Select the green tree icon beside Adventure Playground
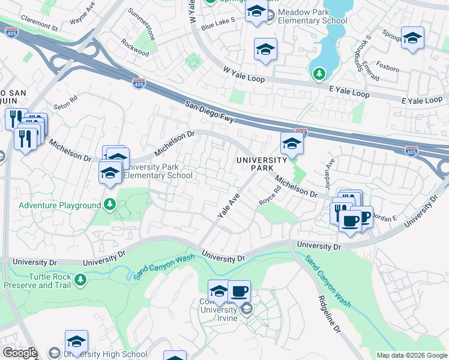coord(110,205)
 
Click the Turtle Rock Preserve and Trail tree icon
coord(80,280)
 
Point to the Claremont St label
coord(38,28)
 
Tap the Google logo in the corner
coord(19,353)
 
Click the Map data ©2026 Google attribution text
coord(411,355)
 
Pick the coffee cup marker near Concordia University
coord(239,291)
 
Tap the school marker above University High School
coord(76,341)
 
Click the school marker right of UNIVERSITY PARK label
coord(292,143)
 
